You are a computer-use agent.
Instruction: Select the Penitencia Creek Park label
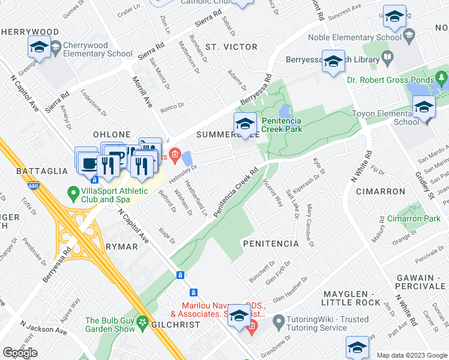click(x=289, y=125)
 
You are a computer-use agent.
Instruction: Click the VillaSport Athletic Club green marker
click(x=73, y=194)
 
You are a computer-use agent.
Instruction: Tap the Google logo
click(x=20, y=353)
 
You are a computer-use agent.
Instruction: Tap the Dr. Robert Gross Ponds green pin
click(x=442, y=79)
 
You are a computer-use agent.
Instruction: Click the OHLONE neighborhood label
click(x=112, y=134)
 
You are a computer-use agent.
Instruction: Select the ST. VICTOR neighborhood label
click(x=223, y=46)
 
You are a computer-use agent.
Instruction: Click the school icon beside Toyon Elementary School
click(x=424, y=107)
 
